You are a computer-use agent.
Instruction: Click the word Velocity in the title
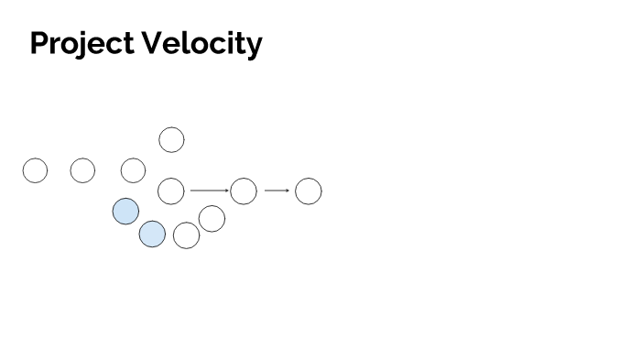[x=203, y=43]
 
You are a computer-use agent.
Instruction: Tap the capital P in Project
[x=39, y=43]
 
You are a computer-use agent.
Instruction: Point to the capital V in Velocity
[x=154, y=43]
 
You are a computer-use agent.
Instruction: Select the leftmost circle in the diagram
[x=35, y=170]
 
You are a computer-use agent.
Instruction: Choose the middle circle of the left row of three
[x=82, y=170]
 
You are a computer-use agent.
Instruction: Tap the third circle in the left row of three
[x=134, y=170]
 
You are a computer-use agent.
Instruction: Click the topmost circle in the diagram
[x=171, y=140]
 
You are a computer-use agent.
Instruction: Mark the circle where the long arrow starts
[x=171, y=191]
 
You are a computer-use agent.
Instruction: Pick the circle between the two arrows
[x=244, y=191]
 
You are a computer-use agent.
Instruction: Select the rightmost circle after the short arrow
[x=309, y=191]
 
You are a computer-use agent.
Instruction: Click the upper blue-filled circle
[x=125, y=212]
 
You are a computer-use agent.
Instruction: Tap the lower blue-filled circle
[x=152, y=235]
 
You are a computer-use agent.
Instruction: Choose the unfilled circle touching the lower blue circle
[x=186, y=235]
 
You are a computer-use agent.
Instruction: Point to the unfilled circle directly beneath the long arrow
[x=212, y=219]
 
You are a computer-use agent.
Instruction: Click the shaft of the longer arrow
[x=207, y=191]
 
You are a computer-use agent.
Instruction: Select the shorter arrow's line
[x=275, y=191]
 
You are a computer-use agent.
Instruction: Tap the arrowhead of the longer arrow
[x=227, y=191]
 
